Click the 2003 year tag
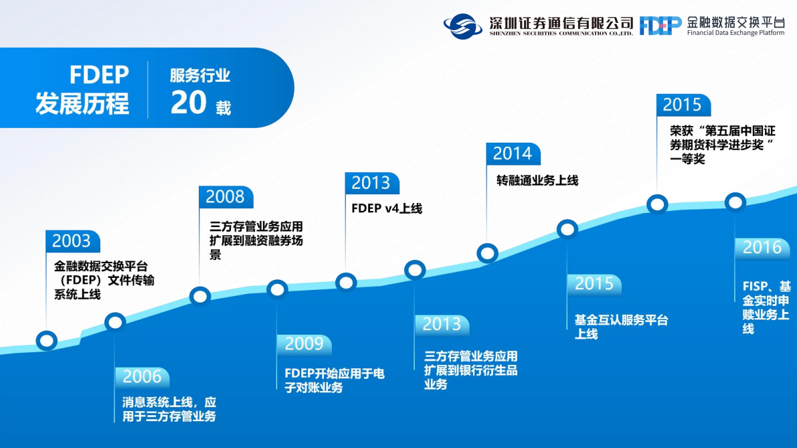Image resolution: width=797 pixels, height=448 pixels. click(x=73, y=241)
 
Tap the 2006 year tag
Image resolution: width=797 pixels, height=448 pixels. click(x=143, y=377)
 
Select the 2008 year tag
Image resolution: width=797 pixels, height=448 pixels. click(x=226, y=197)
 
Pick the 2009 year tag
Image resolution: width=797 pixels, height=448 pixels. click(x=304, y=344)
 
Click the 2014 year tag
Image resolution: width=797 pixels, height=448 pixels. click(x=513, y=153)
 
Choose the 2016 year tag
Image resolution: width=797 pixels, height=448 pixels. click(x=762, y=248)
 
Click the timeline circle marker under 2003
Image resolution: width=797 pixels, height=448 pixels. click(x=47, y=340)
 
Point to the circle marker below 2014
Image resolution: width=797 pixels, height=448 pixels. click(x=487, y=252)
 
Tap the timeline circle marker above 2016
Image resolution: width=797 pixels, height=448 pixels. click(x=735, y=202)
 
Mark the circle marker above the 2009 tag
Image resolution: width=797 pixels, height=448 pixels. click(x=278, y=289)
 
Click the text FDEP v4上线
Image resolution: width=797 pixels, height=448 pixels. click(x=387, y=208)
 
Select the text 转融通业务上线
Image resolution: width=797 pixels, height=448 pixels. click(x=537, y=181)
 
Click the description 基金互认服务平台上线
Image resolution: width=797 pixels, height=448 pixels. click(x=621, y=327)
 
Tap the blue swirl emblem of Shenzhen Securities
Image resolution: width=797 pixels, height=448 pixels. click(x=462, y=26)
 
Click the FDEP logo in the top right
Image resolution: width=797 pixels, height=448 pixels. click(x=660, y=25)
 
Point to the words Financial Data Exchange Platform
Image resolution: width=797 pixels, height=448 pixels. click(x=735, y=33)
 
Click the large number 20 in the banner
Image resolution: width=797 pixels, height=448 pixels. click(x=188, y=102)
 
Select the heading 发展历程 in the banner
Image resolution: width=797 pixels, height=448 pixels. click(x=82, y=104)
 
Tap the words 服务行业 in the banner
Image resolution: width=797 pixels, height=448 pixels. click(x=200, y=75)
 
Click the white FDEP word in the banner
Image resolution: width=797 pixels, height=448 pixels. click(x=99, y=75)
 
